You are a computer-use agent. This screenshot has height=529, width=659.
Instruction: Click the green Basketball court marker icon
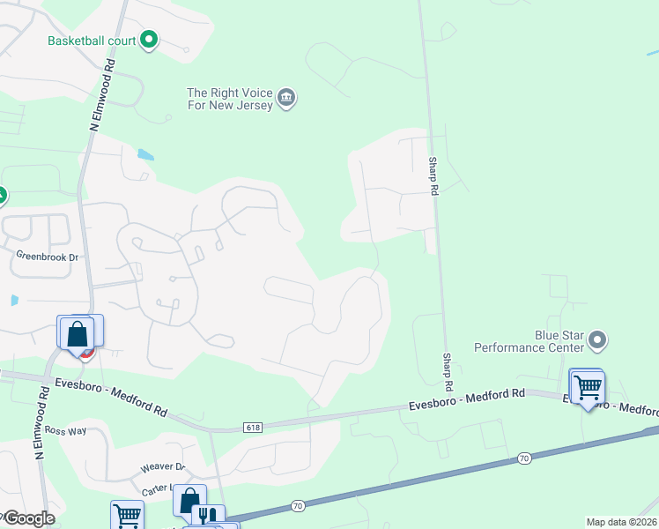[149, 40]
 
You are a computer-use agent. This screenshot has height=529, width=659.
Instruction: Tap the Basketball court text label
[93, 41]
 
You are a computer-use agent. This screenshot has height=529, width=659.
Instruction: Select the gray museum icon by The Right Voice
[286, 98]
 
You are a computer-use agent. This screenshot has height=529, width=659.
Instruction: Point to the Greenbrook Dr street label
[48, 256]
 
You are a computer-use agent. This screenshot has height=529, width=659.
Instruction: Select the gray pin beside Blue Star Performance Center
[598, 340]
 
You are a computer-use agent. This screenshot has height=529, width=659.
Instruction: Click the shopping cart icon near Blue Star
[587, 386]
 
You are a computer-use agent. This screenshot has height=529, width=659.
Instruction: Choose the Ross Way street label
[66, 431]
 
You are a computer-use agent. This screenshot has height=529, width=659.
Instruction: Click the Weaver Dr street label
[162, 467]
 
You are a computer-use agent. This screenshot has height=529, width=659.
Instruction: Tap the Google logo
[30, 518]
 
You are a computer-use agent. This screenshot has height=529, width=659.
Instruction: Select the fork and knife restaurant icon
[207, 516]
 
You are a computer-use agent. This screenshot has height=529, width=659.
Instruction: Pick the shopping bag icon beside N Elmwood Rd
[77, 333]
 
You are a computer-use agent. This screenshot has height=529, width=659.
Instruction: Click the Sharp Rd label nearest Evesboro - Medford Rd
[447, 373]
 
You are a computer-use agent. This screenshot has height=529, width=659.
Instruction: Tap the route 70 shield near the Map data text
[523, 458]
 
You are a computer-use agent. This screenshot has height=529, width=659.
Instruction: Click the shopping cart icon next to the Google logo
[127, 515]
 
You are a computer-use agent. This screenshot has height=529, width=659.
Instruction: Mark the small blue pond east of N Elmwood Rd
[145, 154]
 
